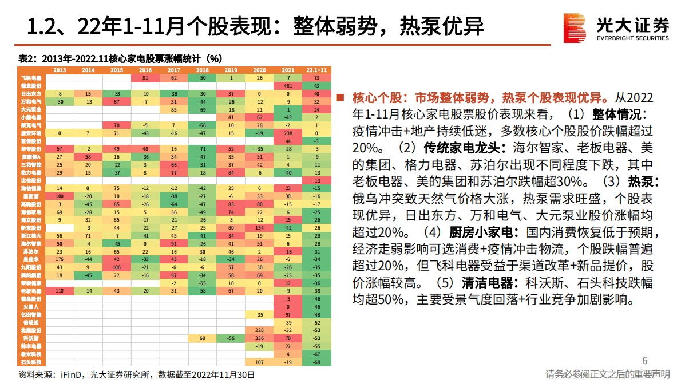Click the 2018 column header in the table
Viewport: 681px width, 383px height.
point(202,70)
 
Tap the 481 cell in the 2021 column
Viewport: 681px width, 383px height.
point(288,85)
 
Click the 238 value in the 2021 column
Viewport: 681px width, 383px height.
point(288,133)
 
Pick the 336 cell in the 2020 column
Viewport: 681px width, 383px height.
point(259,338)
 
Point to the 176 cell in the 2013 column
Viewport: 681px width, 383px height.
point(60,259)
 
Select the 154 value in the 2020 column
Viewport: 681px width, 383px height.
point(259,227)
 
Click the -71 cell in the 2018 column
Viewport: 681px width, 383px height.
point(202,148)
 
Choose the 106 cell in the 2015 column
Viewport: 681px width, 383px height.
point(117,267)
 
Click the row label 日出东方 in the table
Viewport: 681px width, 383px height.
point(31,93)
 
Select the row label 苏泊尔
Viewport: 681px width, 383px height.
point(31,251)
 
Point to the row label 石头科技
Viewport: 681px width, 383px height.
point(31,362)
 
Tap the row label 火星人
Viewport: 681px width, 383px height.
point(31,307)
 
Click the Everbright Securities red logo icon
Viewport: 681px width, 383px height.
point(575,27)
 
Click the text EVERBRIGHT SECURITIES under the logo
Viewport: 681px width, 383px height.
point(632,38)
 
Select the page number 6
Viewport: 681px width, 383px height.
point(645,360)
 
